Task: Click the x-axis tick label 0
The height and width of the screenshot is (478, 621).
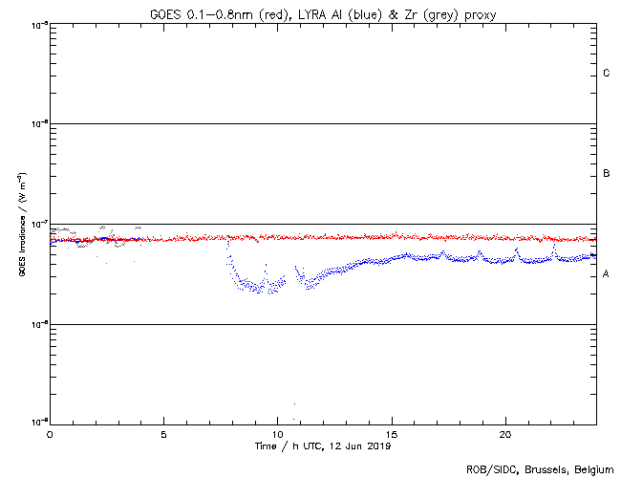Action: click(50, 434)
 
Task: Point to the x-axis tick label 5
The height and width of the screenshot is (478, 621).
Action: click(163, 434)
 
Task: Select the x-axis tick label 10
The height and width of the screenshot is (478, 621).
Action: click(277, 434)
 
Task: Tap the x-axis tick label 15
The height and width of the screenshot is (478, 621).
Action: click(392, 434)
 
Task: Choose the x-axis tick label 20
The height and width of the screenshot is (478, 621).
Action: click(505, 434)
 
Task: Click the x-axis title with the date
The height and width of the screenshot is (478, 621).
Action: click(323, 445)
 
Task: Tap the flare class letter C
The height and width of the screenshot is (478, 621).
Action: click(607, 74)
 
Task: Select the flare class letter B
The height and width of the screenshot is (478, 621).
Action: click(607, 174)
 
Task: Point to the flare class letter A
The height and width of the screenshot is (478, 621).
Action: click(607, 274)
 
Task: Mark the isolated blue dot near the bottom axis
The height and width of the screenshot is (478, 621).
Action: click(294, 403)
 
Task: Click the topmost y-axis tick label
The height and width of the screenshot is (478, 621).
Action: click(37, 24)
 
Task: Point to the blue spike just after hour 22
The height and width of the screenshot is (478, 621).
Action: click(555, 245)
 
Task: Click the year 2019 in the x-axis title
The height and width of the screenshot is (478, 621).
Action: click(378, 445)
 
